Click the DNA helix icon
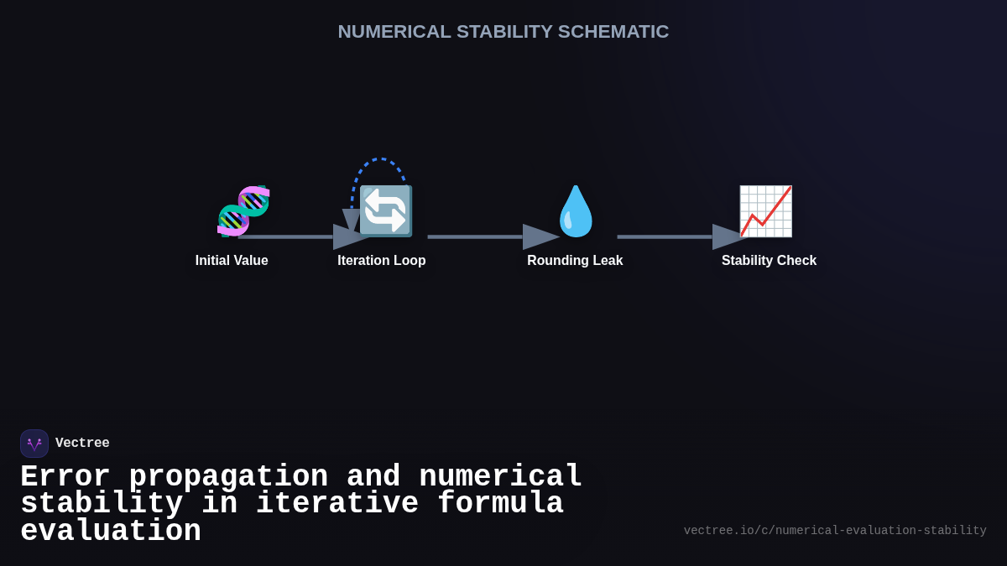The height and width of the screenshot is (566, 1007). (243, 210)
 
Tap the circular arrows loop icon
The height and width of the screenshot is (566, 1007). (385, 210)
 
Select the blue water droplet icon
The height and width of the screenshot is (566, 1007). (576, 210)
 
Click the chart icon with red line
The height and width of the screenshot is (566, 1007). (765, 210)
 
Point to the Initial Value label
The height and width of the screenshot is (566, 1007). (232, 261)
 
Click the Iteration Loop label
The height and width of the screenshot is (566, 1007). (382, 261)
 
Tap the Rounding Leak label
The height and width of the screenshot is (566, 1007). (575, 261)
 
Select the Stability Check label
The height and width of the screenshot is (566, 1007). (769, 261)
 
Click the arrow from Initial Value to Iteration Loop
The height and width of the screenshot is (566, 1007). (294, 237)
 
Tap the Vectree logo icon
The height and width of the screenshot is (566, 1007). (34, 444)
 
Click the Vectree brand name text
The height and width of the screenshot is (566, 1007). (82, 444)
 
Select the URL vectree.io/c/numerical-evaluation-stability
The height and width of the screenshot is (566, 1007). (835, 531)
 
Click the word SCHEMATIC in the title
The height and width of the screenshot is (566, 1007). (613, 32)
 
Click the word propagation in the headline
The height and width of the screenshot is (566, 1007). (228, 477)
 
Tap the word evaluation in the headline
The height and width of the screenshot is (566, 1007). (111, 532)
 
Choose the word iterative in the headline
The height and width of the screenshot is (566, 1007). (337, 504)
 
